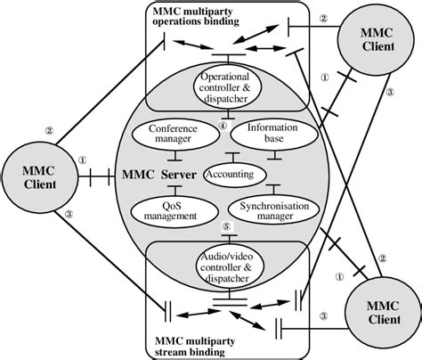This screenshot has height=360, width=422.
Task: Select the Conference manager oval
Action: pos(166,135)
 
